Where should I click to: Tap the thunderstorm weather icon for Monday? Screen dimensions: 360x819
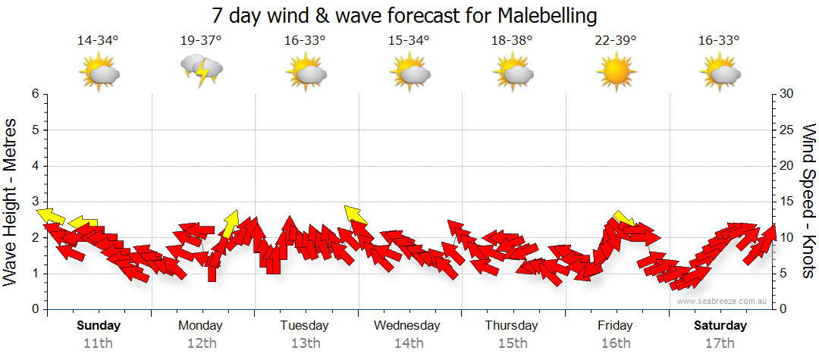coord(201,70)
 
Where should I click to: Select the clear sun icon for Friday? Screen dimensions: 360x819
coord(615,73)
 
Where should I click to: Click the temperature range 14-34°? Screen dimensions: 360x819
coord(98,41)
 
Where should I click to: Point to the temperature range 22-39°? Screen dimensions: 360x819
coord(615,41)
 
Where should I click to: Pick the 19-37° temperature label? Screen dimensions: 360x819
coord(201,41)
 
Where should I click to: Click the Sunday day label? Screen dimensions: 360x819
coord(98,326)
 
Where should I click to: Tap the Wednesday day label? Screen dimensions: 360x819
coord(407,326)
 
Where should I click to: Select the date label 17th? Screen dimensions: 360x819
coord(720,343)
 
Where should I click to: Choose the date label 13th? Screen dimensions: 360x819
coord(305,343)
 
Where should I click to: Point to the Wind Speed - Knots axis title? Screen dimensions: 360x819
coord(808,201)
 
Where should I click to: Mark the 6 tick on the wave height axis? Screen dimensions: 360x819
coord(34,94)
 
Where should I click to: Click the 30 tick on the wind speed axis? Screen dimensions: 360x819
coord(786,94)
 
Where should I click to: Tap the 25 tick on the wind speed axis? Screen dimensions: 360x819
coord(786,130)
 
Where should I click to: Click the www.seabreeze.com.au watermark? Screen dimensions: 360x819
coord(723,301)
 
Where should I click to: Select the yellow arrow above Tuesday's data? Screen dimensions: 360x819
coord(355,215)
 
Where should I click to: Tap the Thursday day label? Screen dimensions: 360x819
coord(512,326)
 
